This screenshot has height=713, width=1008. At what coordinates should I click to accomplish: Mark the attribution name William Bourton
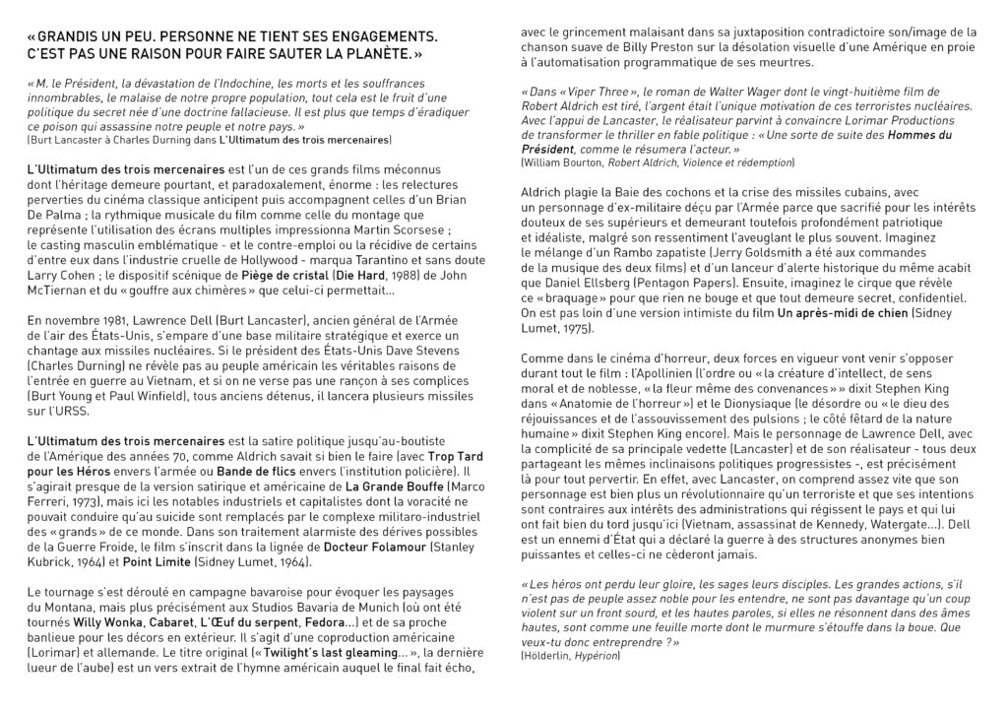click(x=564, y=161)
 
